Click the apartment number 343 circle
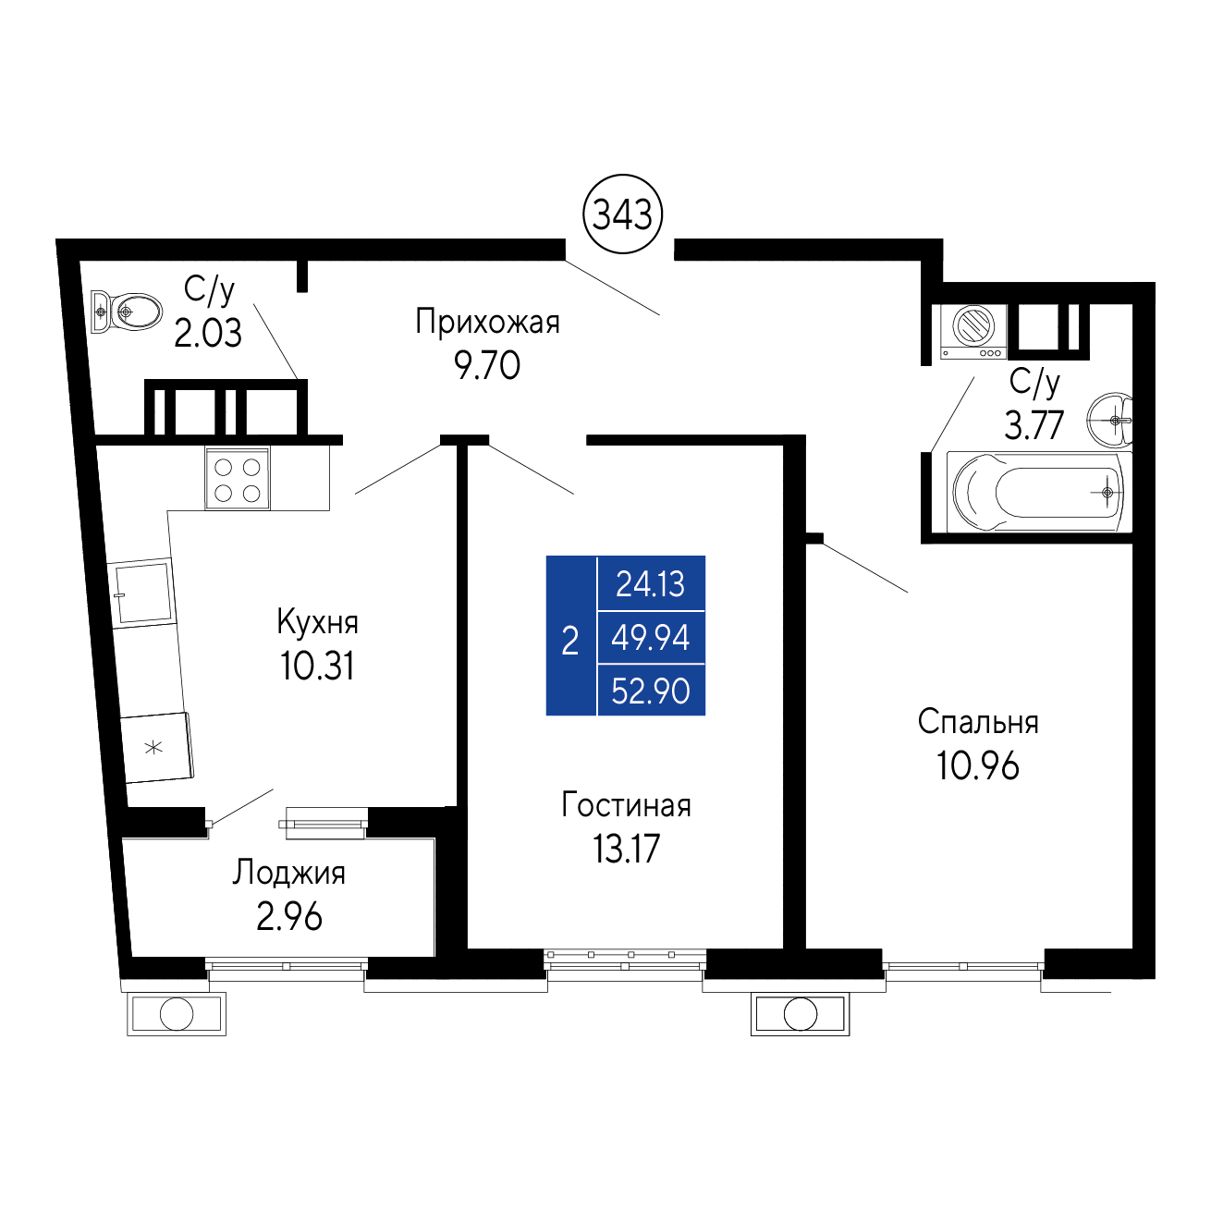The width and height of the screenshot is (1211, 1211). pyautogui.click(x=622, y=214)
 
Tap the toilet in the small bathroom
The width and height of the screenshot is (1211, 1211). pyautogui.click(x=127, y=312)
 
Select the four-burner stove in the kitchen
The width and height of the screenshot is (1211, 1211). pyautogui.click(x=238, y=478)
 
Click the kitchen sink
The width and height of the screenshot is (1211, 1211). pyautogui.click(x=142, y=592)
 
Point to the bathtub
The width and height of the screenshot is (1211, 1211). pyautogui.click(x=1037, y=492)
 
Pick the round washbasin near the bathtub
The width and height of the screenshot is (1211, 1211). pyautogui.click(x=1108, y=420)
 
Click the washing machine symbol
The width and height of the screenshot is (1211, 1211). pyautogui.click(x=972, y=332)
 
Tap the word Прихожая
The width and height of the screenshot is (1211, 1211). pyautogui.click(x=487, y=323)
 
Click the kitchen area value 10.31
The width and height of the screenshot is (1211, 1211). pyautogui.click(x=317, y=667)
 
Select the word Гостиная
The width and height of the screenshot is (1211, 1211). pyautogui.click(x=626, y=805)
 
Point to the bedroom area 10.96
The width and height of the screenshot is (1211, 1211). pyautogui.click(x=977, y=766)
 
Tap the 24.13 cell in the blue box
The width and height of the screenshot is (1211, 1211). pyautogui.click(x=651, y=584)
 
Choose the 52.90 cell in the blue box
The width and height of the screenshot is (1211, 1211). pyautogui.click(x=651, y=691)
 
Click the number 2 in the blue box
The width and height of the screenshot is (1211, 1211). pyautogui.click(x=570, y=641)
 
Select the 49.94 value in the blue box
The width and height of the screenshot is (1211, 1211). pyautogui.click(x=651, y=637)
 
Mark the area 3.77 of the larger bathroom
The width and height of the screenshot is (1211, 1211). pyautogui.click(x=1034, y=425)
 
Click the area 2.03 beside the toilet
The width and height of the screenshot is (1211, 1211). pyautogui.click(x=207, y=333)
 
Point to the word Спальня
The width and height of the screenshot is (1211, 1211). pyautogui.click(x=978, y=722)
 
